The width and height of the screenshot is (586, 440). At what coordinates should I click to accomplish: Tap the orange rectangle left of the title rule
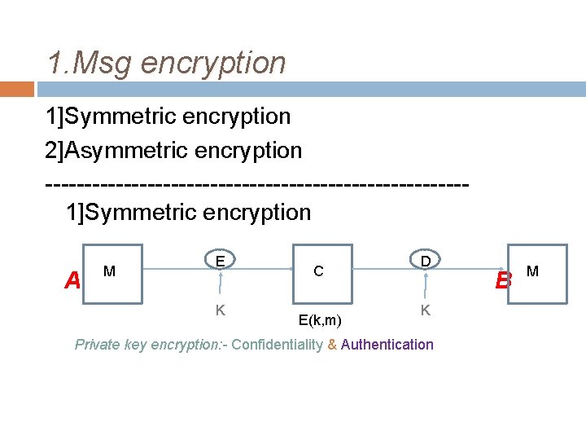(x=16, y=89)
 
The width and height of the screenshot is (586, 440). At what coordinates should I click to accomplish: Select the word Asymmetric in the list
(x=121, y=151)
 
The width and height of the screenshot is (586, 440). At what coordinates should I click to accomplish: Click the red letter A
(x=72, y=281)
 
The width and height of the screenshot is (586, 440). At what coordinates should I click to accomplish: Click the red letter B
(x=503, y=281)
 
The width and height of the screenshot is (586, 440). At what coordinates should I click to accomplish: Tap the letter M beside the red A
(x=109, y=271)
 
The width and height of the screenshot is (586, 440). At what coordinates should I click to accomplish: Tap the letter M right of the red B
(x=532, y=271)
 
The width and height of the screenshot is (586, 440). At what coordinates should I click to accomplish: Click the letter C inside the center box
(x=318, y=271)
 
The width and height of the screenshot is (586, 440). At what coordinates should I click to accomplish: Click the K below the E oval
(x=220, y=310)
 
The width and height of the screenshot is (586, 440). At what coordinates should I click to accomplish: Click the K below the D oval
(x=425, y=310)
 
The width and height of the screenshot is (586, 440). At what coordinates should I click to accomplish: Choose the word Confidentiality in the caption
(x=277, y=345)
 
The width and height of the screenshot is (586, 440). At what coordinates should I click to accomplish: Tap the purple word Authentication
(x=387, y=345)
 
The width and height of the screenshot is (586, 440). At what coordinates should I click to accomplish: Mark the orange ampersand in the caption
(x=332, y=345)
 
